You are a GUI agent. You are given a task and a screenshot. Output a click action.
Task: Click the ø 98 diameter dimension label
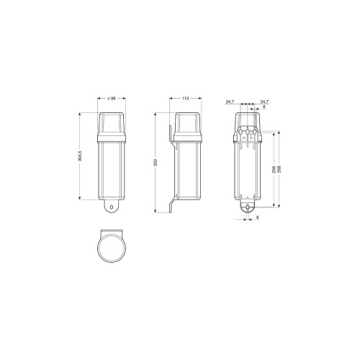click(x=112, y=98)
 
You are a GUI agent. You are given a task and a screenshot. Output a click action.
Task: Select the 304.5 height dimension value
click(x=80, y=156)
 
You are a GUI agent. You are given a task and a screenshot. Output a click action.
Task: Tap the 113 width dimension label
click(x=186, y=98)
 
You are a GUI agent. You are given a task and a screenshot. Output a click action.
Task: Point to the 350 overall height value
click(x=156, y=163)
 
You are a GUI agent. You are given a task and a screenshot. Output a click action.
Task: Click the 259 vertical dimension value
click(x=274, y=169)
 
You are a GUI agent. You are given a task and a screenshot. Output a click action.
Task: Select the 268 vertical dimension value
click(x=279, y=169)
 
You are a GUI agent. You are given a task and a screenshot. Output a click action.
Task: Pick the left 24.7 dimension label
click(x=230, y=102)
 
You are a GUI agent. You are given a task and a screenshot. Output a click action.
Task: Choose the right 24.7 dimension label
click(x=264, y=102)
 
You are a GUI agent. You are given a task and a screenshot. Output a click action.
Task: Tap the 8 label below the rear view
click(x=258, y=217)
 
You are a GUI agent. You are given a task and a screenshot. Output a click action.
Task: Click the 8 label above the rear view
click(x=264, y=107)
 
